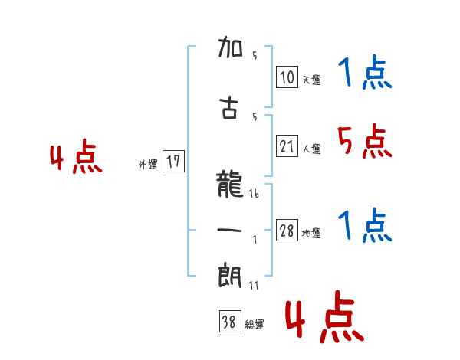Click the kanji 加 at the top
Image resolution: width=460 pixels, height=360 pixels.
pos(230,51)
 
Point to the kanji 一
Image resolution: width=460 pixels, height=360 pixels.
pos(230,231)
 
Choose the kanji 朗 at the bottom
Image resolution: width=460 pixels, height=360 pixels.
pos(230,273)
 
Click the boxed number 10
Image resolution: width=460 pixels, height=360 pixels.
pos(287,77)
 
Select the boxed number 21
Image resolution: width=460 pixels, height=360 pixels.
pos(287,146)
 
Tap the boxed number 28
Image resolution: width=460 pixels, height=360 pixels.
pos(287,231)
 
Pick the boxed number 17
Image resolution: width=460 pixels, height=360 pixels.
pos(173,162)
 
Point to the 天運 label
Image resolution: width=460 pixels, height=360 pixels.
pos(311,80)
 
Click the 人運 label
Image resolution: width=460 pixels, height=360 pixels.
pos(311,149)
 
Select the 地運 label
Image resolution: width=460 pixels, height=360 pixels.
pos(311,234)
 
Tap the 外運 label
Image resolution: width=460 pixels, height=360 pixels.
pos(147,164)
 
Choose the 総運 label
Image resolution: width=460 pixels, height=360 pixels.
pos(255,325)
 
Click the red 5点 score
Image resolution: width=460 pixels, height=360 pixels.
pos(363,142)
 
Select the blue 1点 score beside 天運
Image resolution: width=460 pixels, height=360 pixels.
pos(363,74)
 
